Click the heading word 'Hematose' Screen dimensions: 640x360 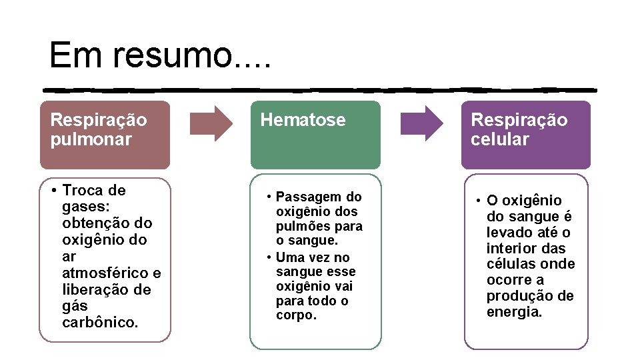pos(303,120)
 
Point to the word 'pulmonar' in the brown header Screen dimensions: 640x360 pos(91,139)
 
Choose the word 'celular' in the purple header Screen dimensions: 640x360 pos(499,139)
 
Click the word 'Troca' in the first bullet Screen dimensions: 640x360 pos(84,191)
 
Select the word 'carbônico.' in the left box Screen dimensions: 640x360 pos(100,323)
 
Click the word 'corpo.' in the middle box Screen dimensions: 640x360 pos(297,315)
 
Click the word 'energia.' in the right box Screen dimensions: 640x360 pos(514,312)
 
